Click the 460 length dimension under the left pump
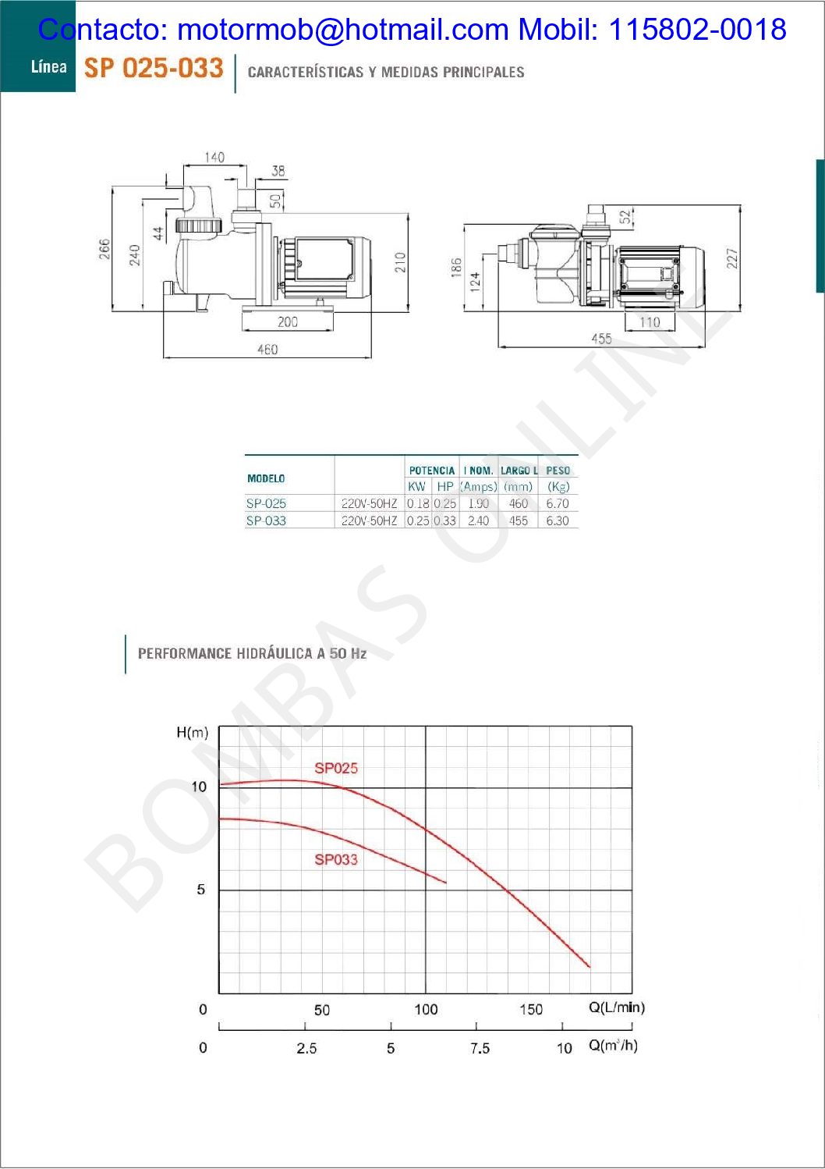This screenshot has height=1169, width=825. click(x=267, y=349)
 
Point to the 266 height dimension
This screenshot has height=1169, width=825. click(x=104, y=249)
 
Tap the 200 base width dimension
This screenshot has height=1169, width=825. click(x=288, y=322)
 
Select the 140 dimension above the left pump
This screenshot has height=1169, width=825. click(x=214, y=157)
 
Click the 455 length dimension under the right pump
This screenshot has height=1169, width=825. click(x=601, y=339)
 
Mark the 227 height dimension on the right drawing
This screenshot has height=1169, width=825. click(x=733, y=258)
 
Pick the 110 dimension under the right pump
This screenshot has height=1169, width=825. click(x=650, y=322)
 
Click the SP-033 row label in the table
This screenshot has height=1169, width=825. click(x=266, y=521)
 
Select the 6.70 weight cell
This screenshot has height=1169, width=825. click(x=558, y=503)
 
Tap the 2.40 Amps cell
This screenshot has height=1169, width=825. click(x=478, y=521)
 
